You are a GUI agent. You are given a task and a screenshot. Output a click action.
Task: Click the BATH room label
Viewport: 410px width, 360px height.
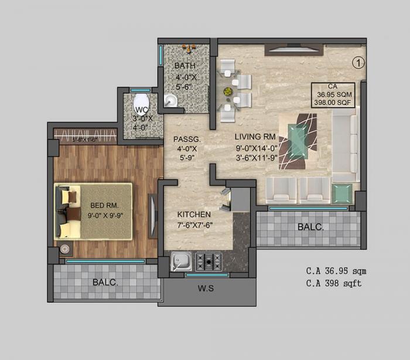[x=184, y=66]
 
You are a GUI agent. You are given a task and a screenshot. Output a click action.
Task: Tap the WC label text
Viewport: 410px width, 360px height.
[x=141, y=110]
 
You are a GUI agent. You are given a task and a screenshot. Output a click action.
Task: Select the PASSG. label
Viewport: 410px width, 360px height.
[x=187, y=140]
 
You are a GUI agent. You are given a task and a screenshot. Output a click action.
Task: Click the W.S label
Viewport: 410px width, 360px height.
[x=206, y=288]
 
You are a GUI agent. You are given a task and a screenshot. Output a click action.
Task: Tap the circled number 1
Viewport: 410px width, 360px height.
[x=358, y=61]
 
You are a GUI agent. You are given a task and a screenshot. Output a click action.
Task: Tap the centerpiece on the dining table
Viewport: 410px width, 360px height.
[x=228, y=92]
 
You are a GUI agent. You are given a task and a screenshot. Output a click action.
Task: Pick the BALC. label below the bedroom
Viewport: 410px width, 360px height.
[x=105, y=282]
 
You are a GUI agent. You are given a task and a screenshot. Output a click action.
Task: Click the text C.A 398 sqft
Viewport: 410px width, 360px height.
[x=334, y=283]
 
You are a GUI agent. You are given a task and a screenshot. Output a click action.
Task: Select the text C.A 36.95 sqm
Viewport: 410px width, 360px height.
[x=336, y=271]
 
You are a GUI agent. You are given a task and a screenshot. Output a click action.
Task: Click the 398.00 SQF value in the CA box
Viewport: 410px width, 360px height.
[x=332, y=101]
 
